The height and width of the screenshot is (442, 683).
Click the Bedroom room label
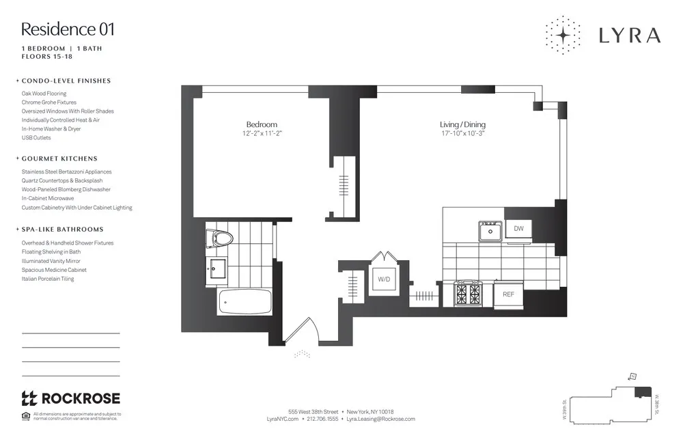(x=262, y=124)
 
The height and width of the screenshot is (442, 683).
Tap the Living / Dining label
(x=462, y=124)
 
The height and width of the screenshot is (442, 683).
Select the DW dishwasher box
(x=518, y=229)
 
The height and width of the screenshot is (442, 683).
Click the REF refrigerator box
(x=508, y=294)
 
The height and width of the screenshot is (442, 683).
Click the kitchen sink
(x=490, y=232)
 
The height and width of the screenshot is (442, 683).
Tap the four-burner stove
(x=469, y=294)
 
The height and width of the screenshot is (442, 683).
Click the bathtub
(x=245, y=301)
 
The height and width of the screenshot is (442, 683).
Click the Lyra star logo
(x=563, y=35)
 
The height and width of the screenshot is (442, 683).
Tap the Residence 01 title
(x=68, y=29)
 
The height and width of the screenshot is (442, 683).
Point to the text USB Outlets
(x=37, y=137)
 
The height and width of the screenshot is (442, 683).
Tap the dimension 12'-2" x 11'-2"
(x=262, y=134)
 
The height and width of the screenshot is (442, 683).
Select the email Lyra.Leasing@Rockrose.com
(x=380, y=419)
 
